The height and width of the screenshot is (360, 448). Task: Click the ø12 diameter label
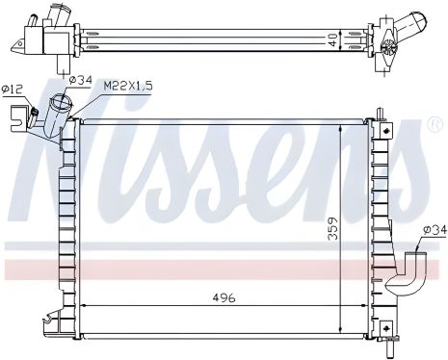(x=13, y=90)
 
